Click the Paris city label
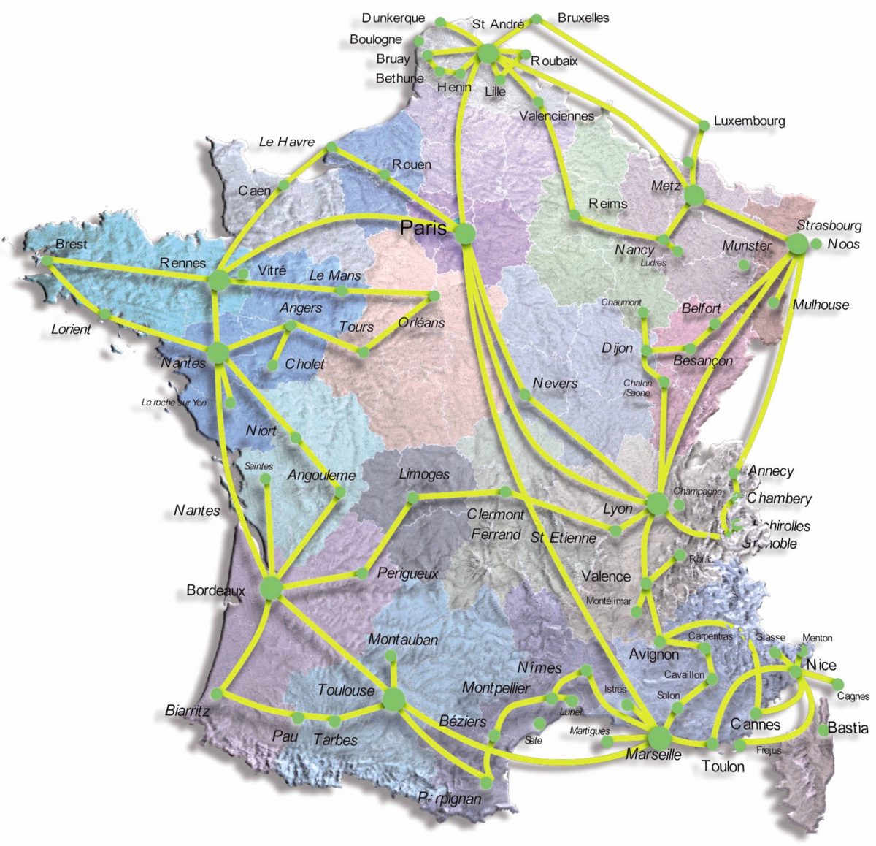click(423, 229)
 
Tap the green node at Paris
click(464, 234)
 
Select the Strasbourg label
click(829, 226)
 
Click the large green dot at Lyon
click(657, 503)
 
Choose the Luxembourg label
click(749, 121)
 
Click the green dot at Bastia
click(824, 729)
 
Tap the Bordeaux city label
click(215, 590)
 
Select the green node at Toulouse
click(393, 698)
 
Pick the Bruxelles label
click(583, 18)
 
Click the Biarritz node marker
click(216, 693)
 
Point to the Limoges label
click(424, 475)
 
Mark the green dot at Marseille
click(659, 737)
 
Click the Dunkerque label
click(393, 18)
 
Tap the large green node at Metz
click(694, 195)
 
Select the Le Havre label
click(286, 142)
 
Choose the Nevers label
click(555, 384)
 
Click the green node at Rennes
click(218, 280)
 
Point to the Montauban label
click(403, 640)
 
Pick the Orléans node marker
click(434, 296)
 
